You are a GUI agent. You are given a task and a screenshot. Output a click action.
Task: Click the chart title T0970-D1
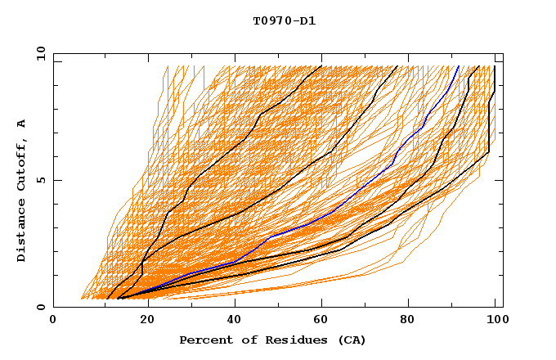click(285, 20)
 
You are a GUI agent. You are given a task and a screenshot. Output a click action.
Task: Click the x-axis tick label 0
click(53, 321)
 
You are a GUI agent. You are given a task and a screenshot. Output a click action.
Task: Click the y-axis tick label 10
click(40, 53)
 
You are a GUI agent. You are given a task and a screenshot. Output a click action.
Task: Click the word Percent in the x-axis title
click(204, 340)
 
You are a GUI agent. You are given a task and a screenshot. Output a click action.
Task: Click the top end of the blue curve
click(459, 66)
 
